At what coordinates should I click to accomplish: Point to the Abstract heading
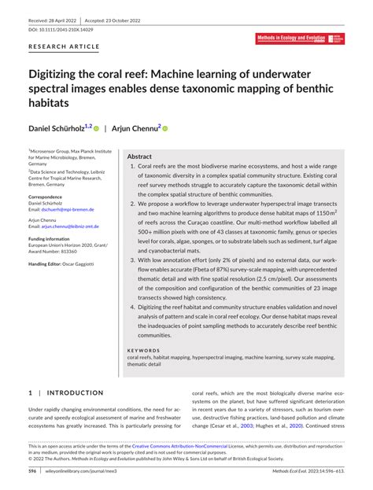(x=139, y=157)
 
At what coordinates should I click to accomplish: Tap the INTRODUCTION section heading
(x=75, y=392)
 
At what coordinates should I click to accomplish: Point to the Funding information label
(x=53, y=238)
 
